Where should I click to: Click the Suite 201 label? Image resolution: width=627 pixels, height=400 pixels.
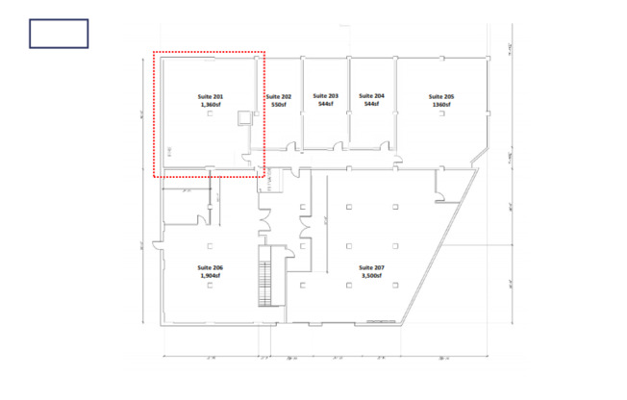point(211,98)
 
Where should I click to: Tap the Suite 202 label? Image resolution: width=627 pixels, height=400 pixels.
point(278,97)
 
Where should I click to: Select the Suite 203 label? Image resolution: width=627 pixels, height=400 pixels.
point(326,96)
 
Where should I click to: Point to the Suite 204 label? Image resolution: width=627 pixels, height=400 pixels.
point(371,96)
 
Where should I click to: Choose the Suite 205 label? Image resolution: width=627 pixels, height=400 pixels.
point(441,97)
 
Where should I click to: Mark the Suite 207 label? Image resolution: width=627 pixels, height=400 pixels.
point(371,266)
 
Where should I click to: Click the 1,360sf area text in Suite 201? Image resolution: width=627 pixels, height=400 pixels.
point(211,106)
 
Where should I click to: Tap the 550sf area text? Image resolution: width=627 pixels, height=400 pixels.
point(278,105)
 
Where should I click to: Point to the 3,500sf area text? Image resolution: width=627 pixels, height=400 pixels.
point(371,275)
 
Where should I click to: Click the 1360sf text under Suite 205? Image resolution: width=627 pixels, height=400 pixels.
point(441,105)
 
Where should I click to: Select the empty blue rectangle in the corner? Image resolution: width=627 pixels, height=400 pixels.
point(59,34)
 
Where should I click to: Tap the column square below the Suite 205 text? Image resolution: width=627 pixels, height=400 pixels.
point(441,114)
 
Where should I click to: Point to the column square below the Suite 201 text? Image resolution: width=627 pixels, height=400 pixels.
point(211,115)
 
